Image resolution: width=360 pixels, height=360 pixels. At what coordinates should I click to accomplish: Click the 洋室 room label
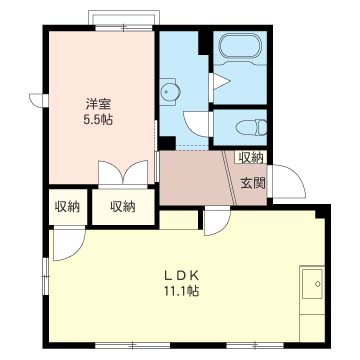point(98,105)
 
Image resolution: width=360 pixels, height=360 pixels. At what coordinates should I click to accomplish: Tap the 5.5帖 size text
point(98,119)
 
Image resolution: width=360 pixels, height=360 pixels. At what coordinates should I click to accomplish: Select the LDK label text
point(182,276)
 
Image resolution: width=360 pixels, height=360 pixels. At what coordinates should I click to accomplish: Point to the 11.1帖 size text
point(181,291)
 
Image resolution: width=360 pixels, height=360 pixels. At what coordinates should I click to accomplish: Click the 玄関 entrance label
point(253,183)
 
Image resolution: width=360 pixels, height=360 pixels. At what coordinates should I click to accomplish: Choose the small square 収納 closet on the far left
point(68,207)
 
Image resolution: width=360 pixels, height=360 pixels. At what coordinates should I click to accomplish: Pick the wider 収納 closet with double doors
point(123,207)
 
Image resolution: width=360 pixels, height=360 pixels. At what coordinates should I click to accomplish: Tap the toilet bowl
point(252,127)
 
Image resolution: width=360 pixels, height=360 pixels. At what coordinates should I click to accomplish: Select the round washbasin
point(171,91)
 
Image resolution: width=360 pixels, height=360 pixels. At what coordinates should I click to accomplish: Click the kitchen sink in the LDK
point(312,283)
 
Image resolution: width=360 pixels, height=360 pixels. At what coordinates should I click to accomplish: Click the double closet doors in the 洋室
point(123,173)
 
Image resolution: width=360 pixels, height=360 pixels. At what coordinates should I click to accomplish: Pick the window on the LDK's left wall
point(46,276)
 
